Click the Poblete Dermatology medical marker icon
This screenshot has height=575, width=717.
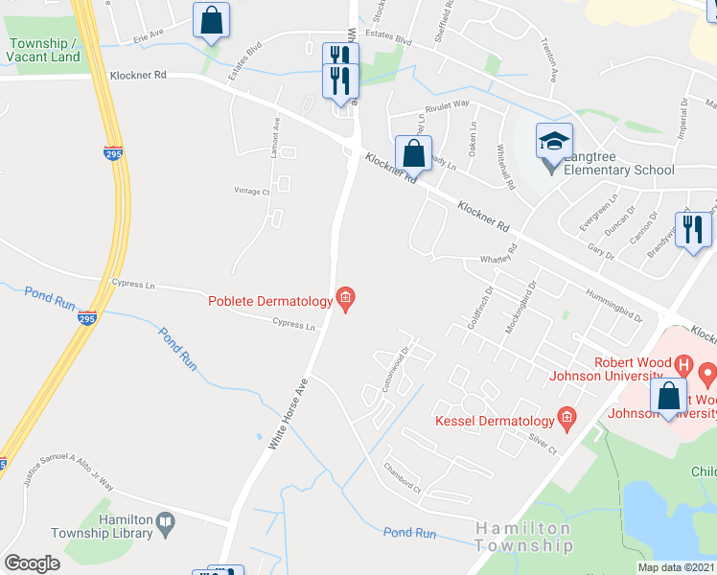tap(346, 301)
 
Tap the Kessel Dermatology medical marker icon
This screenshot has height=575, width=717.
tap(567, 419)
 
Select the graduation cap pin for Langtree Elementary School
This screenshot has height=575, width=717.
tap(554, 141)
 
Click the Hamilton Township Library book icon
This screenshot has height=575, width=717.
tap(167, 523)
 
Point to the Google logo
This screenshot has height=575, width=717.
tap(32, 563)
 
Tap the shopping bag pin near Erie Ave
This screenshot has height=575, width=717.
tap(211, 20)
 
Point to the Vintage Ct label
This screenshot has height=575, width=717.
tap(253, 191)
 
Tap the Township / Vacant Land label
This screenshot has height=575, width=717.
tap(44, 50)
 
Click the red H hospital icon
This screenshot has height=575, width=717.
tap(683, 364)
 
